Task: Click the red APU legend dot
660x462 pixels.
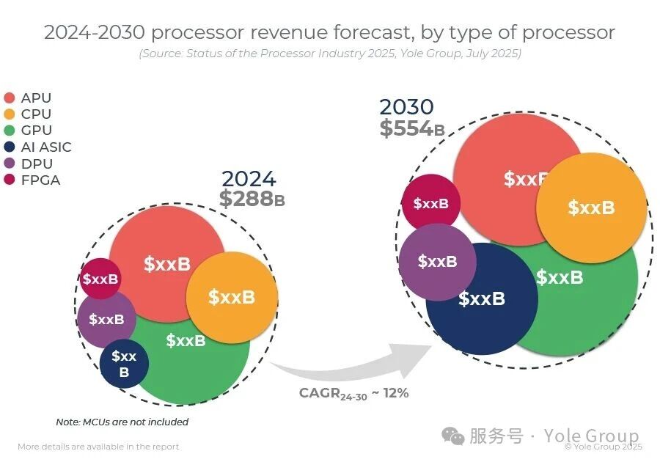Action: [10, 98]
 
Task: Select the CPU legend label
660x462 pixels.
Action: [36, 114]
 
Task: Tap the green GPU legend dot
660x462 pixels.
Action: [10, 131]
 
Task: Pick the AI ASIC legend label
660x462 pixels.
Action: [46, 147]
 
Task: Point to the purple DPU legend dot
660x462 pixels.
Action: [10, 164]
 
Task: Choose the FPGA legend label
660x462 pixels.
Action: [40, 180]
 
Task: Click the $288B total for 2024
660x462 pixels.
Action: [252, 199]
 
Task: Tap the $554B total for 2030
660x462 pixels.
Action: [411, 128]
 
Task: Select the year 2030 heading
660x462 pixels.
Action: [406, 107]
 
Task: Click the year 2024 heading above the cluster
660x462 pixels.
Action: [249, 179]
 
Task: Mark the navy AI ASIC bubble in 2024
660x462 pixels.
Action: [124, 364]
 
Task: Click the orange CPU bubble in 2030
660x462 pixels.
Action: [591, 208]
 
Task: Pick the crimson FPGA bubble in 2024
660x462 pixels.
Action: [100, 279]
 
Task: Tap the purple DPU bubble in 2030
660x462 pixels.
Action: [437, 262]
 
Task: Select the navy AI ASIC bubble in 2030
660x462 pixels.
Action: [482, 299]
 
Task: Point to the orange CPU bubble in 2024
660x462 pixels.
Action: [232, 297]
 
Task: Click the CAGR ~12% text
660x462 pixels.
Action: [353, 393]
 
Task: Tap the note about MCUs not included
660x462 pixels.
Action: [122, 422]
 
